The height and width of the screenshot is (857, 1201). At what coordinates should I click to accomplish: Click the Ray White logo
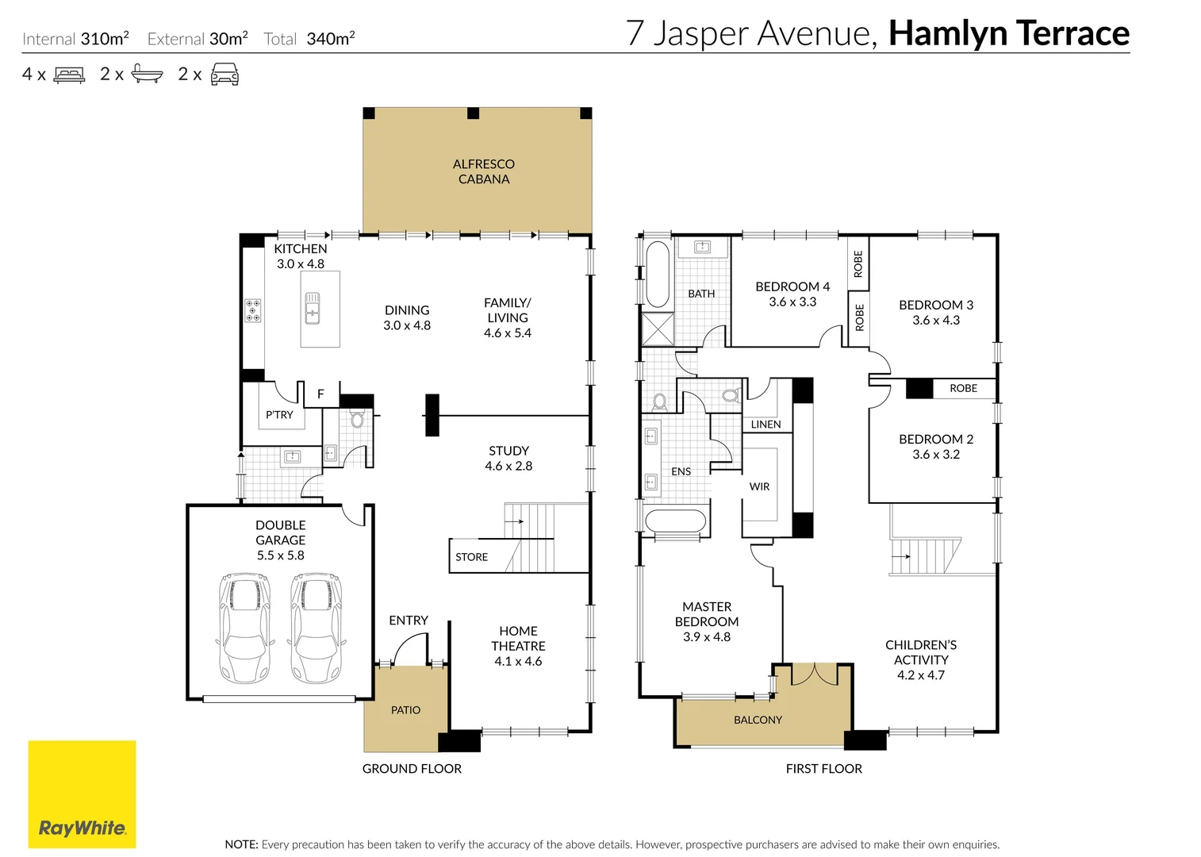[x=82, y=794]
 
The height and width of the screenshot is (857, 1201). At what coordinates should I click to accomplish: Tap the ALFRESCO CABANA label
[x=483, y=171]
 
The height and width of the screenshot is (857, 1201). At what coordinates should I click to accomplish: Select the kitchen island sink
[x=313, y=308]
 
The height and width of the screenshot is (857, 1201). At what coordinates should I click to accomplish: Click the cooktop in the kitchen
[x=252, y=310]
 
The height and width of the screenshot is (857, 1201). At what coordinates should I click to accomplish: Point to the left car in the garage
[x=245, y=628]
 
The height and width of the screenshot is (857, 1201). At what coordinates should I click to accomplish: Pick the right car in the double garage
[x=317, y=628]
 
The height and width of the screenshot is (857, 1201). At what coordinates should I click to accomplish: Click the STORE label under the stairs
[x=471, y=557]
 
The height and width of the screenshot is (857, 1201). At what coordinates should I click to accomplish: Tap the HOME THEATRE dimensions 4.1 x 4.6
[x=518, y=661]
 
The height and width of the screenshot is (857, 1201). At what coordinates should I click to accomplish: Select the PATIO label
[x=405, y=710]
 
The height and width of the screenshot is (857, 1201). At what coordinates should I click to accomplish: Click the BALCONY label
[x=758, y=720]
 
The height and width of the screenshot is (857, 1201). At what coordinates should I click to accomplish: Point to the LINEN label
[x=765, y=425]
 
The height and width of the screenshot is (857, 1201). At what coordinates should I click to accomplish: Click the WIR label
[x=759, y=486]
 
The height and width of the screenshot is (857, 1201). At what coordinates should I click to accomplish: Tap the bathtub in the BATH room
[x=658, y=274]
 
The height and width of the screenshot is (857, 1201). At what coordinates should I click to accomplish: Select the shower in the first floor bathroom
[x=658, y=329]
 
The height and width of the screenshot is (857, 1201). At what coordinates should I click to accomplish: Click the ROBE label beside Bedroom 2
[x=963, y=388]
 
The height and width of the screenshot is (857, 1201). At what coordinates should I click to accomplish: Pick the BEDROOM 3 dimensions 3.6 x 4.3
[x=936, y=321]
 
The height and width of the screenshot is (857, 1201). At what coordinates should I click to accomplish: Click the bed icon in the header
[x=69, y=75]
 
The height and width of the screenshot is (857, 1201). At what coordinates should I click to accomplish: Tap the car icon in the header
[x=224, y=75]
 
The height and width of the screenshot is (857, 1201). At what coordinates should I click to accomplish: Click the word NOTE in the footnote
[x=241, y=844]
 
